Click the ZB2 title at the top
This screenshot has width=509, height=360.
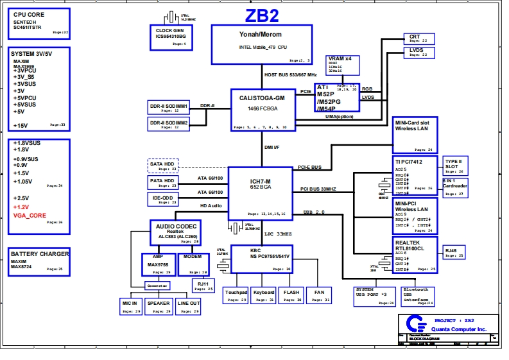click(262, 15)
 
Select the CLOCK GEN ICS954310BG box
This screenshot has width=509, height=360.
click(170, 36)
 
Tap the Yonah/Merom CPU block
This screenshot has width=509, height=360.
click(261, 44)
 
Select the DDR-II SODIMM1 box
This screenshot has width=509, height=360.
click(169, 107)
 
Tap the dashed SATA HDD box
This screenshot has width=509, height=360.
click(163, 166)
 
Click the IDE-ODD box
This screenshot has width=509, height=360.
click(163, 200)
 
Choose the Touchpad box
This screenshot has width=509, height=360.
click(236, 295)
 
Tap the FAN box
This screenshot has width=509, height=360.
click(318, 295)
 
